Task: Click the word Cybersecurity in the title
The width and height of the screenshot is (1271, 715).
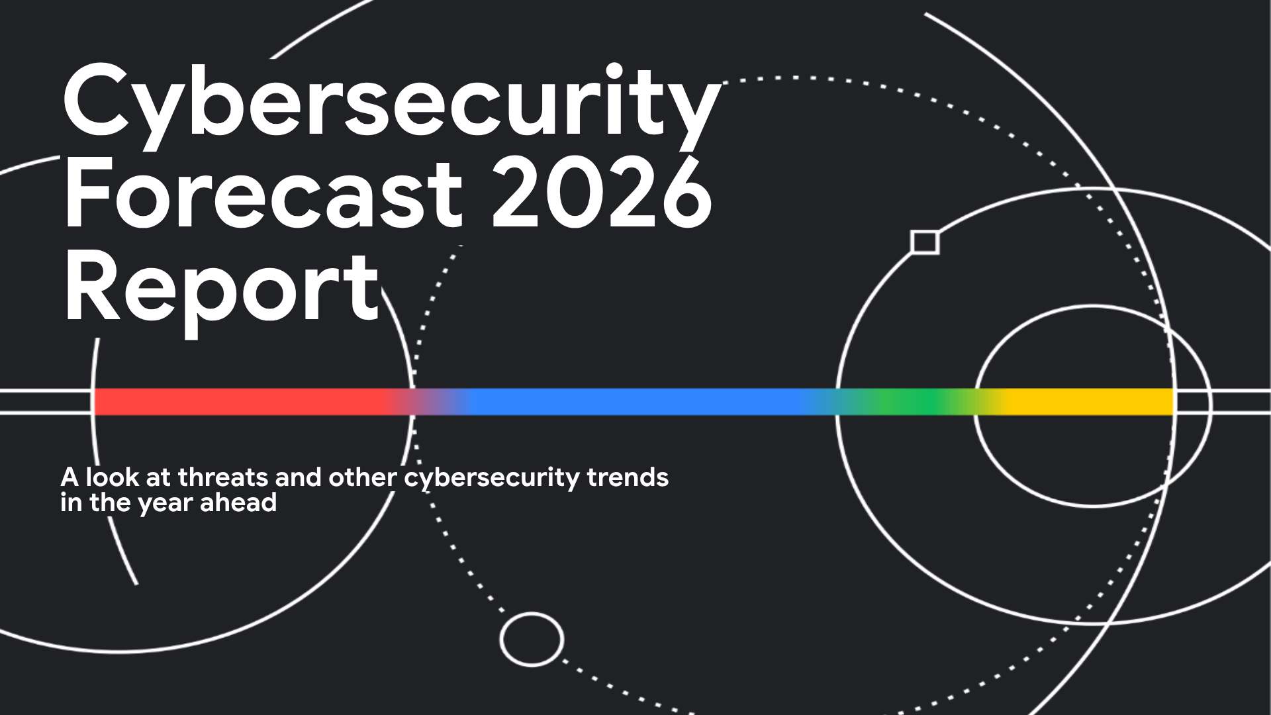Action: point(391,106)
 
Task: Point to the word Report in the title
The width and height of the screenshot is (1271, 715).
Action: point(222,289)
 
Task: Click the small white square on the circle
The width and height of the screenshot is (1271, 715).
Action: point(925,242)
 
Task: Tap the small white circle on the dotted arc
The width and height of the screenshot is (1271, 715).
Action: point(532,640)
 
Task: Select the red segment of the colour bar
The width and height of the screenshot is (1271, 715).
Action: point(238,402)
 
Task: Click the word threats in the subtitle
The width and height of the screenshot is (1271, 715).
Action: point(223,477)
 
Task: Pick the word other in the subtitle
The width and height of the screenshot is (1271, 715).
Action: point(363,477)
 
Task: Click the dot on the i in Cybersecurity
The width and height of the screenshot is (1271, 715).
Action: point(614,71)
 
